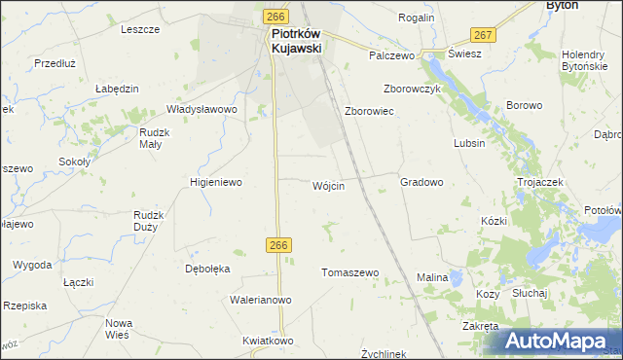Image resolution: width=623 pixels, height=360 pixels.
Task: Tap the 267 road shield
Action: coord(486,35)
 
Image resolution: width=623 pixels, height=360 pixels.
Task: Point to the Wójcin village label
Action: coord(328,186)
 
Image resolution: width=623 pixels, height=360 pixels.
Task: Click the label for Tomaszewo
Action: coord(349,272)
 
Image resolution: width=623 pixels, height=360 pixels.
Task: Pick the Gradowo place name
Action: coord(421,182)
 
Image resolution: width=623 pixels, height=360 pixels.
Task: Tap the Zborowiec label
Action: coord(369,111)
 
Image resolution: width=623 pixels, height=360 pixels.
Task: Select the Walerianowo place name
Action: coord(261,300)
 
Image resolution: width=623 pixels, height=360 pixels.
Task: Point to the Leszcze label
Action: coord(140,29)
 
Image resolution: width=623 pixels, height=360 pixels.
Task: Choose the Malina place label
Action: coord(432,277)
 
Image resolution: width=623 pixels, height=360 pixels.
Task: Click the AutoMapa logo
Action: coord(560,342)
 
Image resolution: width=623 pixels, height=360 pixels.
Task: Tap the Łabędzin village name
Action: coord(117,88)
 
